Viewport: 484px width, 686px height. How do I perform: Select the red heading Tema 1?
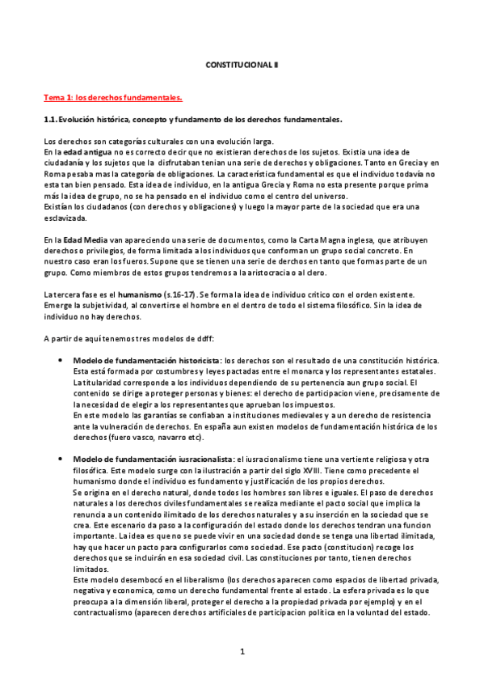(112, 98)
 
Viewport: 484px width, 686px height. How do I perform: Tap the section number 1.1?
(53, 120)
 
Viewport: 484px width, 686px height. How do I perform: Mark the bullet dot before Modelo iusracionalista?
(61, 459)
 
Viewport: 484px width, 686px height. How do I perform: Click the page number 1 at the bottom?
(242, 671)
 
